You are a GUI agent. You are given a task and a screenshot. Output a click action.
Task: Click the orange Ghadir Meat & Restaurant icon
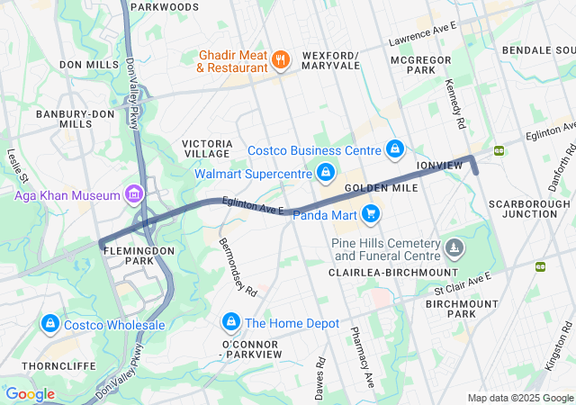point(281,60)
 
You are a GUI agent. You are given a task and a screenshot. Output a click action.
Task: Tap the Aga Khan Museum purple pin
point(134,193)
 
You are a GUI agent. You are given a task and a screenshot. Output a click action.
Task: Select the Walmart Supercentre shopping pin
point(326,171)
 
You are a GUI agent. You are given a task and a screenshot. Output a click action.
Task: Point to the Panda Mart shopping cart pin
point(370,213)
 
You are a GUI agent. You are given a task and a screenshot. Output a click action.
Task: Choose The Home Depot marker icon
point(230,322)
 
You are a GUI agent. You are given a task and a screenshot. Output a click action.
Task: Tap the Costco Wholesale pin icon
point(49,323)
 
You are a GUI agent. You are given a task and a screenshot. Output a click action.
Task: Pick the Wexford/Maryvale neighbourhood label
point(330,59)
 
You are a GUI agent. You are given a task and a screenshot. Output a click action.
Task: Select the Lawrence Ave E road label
point(423,40)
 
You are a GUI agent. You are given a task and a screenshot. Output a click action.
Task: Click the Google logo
point(30,393)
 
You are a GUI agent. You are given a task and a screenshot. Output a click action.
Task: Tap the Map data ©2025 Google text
point(520,397)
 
